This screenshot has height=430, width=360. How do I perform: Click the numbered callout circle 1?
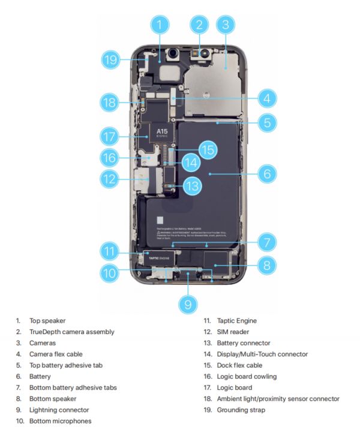click(x=160, y=25)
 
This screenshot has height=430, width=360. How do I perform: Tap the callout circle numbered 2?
click(x=199, y=25)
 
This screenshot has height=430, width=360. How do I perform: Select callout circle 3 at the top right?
click(x=225, y=25)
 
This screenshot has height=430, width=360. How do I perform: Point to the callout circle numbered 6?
click(x=267, y=175)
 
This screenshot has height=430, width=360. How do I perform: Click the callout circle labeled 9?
click(x=188, y=304)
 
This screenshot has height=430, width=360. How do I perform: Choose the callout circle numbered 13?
click(x=191, y=186)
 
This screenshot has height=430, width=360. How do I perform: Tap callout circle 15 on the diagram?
click(x=207, y=150)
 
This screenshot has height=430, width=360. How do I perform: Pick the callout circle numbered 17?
click(x=109, y=137)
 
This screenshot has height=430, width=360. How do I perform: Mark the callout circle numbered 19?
click(x=109, y=59)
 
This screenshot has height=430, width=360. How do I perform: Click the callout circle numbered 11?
click(x=109, y=251)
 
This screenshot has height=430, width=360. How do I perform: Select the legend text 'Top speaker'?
click(x=47, y=321)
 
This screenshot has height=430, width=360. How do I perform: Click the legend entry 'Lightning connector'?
click(x=59, y=410)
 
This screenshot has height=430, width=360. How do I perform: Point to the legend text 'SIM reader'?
click(x=234, y=332)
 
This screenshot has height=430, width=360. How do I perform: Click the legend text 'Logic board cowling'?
click(x=247, y=377)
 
